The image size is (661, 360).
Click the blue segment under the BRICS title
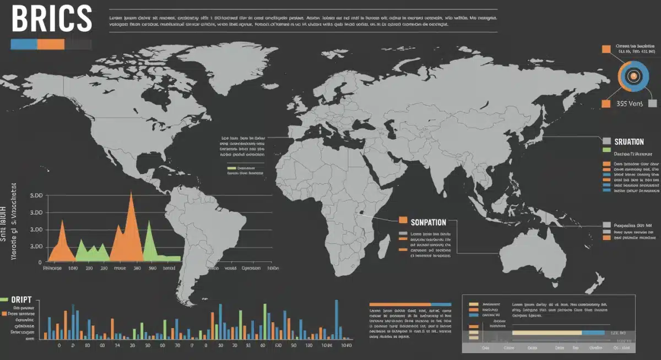24,45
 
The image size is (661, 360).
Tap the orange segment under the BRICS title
51,45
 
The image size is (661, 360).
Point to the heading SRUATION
629,141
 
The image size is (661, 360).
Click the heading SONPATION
429,222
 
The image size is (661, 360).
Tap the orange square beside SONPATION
403,220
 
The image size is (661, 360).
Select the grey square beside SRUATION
607,141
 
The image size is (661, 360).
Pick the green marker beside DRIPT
4,299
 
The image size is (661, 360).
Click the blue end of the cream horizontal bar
593,333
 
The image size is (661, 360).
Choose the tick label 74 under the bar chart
117,346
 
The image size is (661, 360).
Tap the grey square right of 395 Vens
653,103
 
